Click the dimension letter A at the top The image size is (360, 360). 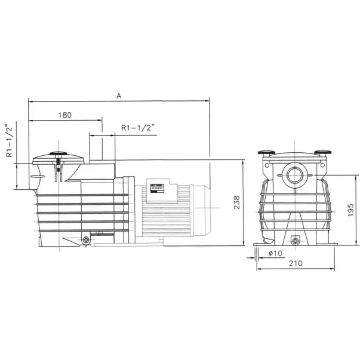point(119,96)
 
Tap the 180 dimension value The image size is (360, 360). point(65,115)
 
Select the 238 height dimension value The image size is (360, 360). point(236,202)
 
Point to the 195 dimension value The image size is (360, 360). point(350,210)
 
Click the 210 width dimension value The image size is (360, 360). point(296,263)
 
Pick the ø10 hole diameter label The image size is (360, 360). point(275,253)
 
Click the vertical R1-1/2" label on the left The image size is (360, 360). point(9,141)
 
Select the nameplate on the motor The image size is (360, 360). point(157,188)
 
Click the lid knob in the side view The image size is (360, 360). point(59,153)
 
